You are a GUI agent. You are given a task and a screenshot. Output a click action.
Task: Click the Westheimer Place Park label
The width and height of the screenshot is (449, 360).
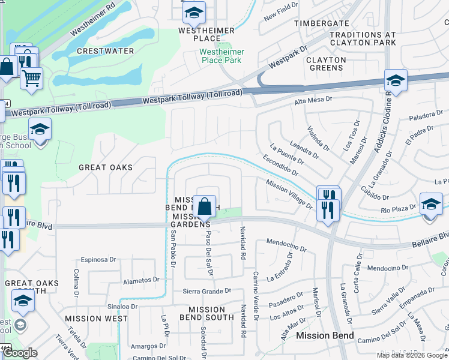point(221,56)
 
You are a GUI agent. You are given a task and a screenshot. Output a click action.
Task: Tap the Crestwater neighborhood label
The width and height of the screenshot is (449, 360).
point(106,51)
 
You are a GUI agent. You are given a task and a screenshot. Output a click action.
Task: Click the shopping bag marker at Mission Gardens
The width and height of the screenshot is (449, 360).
point(205,206)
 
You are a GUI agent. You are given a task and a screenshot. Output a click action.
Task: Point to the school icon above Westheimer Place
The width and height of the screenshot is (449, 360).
point(194,13)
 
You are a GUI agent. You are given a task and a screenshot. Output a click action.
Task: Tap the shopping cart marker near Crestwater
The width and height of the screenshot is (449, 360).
point(31,78)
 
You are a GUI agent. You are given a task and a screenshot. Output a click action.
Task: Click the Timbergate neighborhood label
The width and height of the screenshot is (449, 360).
point(321,23)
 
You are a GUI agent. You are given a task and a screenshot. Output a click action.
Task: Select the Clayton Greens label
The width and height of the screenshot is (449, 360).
point(326,64)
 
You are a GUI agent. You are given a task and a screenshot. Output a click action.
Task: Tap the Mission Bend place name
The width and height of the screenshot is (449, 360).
point(325,336)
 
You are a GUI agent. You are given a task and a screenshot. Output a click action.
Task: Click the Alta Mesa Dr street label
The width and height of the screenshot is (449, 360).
point(313,102)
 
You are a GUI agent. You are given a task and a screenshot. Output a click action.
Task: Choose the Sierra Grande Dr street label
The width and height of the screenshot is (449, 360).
point(207,291)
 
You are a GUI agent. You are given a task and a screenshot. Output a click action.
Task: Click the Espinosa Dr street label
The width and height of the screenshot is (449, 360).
point(95,260)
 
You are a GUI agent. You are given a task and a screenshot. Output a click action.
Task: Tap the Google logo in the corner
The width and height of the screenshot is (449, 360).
point(20,353)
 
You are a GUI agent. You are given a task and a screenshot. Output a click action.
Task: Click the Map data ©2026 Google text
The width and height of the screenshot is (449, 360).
point(411,355)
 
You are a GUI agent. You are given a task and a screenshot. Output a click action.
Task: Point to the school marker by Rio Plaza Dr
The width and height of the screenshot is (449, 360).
point(431,205)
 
